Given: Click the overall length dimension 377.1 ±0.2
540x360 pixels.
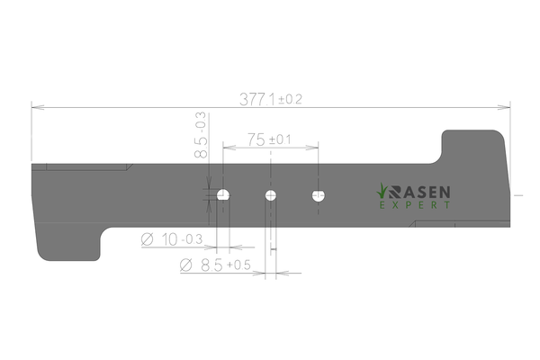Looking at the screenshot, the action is tap(271, 100).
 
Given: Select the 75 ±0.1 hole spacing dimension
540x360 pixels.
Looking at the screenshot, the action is tap(269, 139).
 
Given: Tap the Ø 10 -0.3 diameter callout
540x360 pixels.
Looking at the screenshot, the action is tap(172, 239).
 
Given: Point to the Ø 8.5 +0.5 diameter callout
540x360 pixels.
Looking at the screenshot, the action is tap(215, 265).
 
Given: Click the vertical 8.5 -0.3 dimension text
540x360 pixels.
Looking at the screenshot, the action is tap(201, 135).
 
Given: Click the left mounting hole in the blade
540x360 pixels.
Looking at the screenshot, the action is tap(223, 195).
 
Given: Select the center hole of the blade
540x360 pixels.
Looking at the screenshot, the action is tap(271, 195).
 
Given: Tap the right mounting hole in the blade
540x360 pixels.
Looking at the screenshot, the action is tap(319, 195).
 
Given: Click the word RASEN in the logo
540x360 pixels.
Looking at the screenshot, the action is tap(419, 193).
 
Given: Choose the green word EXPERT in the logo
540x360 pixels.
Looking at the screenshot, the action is tap(415, 205).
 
